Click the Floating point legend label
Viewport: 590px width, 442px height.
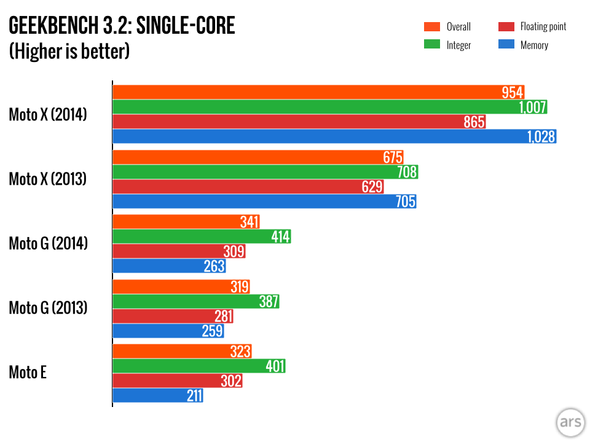coord(543,27)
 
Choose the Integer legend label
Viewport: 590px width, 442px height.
coord(458,45)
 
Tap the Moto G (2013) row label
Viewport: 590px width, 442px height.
coord(48,307)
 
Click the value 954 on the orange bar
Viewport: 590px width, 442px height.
coord(512,93)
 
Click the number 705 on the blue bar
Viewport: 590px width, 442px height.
coord(406,201)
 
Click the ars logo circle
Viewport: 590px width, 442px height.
coord(568,422)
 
